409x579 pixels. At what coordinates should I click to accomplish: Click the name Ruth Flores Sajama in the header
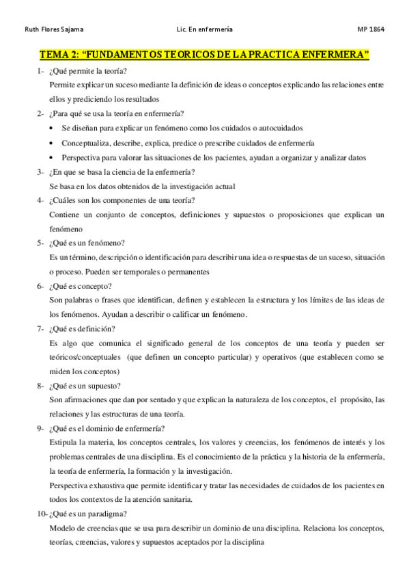(50, 29)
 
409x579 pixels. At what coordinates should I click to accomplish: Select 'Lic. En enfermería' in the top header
(204, 29)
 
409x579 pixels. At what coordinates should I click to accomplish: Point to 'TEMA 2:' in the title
(59, 54)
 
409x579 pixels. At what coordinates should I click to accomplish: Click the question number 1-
(41, 71)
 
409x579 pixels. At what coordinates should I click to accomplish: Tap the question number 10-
(42, 513)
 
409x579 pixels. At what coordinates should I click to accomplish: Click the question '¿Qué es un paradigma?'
(89, 513)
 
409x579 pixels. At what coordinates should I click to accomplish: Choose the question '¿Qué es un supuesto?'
(87, 385)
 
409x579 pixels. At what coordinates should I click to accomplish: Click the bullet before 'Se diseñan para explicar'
(53, 128)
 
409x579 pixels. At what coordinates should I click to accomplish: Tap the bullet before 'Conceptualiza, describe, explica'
(53, 143)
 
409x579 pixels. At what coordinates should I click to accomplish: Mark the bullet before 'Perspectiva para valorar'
(53, 157)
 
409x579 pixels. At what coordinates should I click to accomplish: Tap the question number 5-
(41, 242)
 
